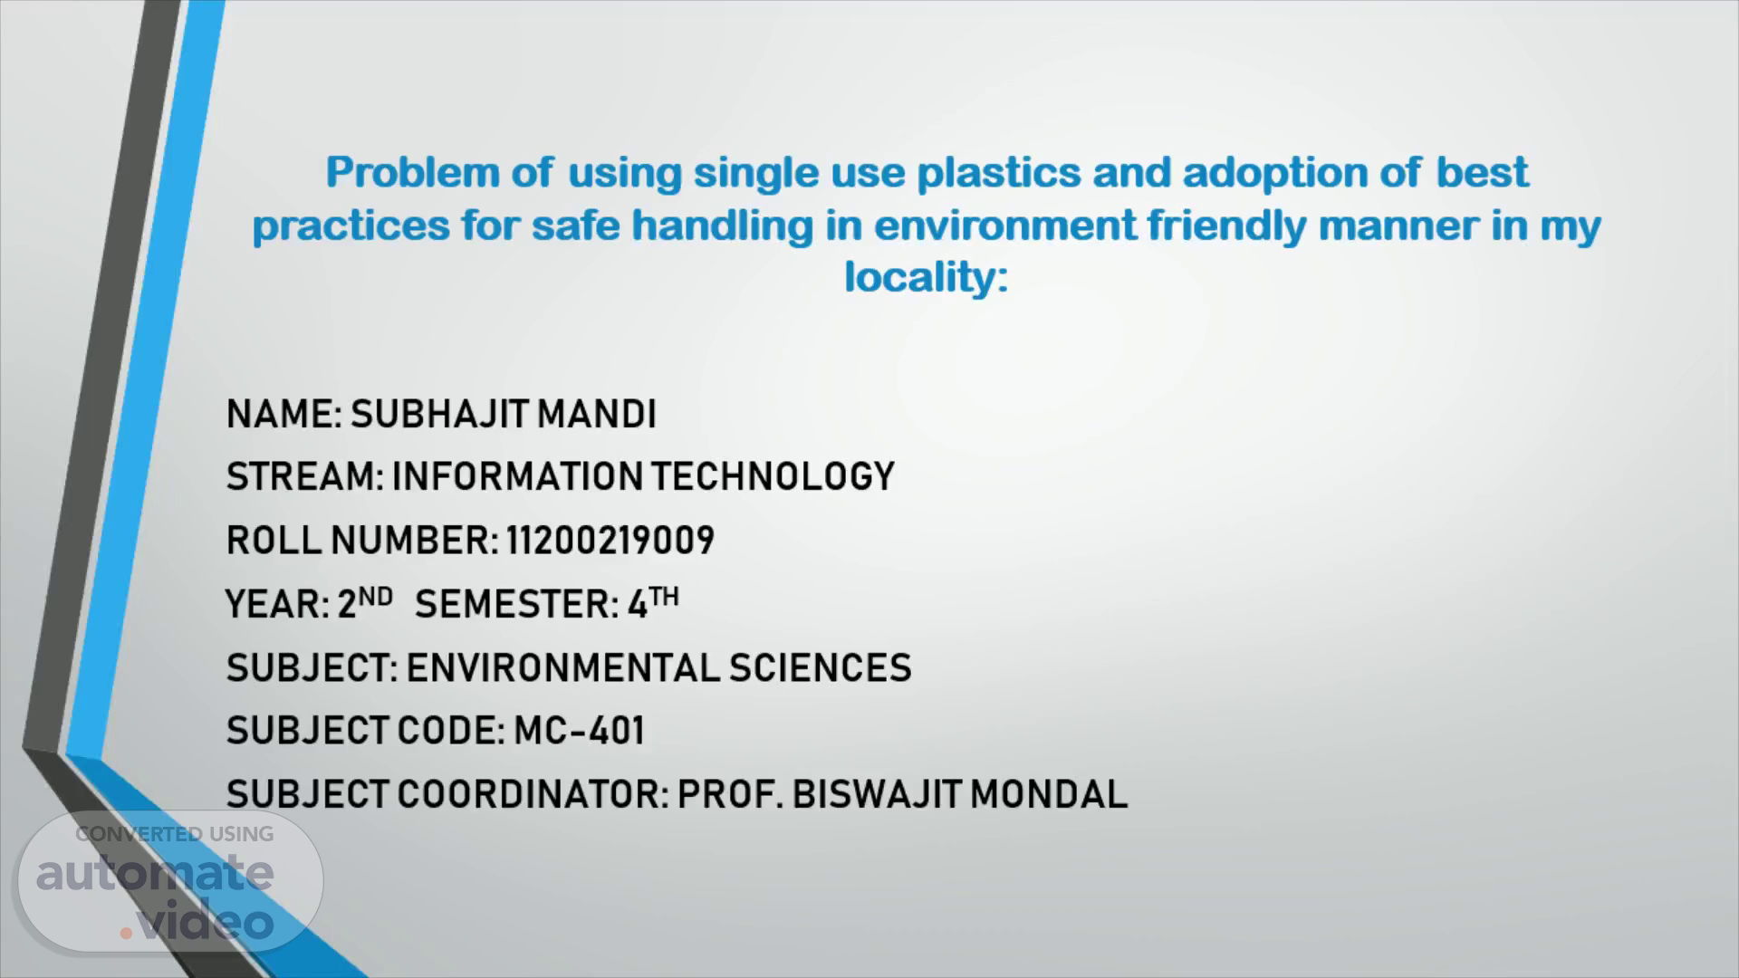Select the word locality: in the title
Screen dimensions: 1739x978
click(x=927, y=278)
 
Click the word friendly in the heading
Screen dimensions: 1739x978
click(x=1227, y=225)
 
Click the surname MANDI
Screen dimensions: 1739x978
click(x=597, y=414)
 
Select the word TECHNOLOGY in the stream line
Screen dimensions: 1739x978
click(x=773, y=476)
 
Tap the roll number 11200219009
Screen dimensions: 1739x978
click(x=610, y=541)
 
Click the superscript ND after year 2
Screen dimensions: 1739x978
click(x=376, y=597)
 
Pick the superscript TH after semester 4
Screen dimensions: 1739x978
click(x=664, y=597)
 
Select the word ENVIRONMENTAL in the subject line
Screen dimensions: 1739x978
click(x=562, y=668)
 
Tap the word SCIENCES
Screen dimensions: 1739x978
click(x=821, y=668)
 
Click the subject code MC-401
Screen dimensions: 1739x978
click(x=580, y=731)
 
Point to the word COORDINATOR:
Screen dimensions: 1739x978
click(x=533, y=794)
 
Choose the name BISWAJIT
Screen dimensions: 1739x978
click(x=877, y=794)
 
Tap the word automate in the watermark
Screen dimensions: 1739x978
click(x=155, y=874)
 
